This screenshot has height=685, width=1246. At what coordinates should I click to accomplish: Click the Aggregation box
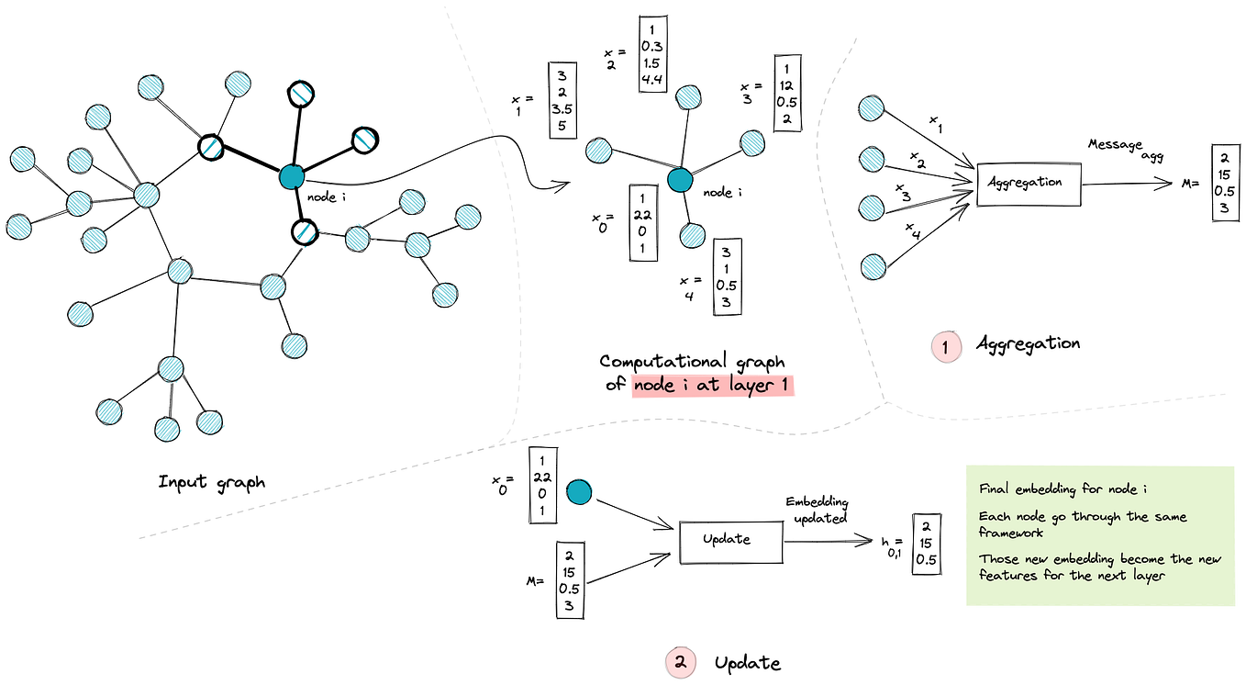1028,182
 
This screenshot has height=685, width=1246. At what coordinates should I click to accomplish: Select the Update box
730,539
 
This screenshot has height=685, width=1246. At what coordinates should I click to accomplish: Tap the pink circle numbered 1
945,345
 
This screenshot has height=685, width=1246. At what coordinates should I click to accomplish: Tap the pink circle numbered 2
679,661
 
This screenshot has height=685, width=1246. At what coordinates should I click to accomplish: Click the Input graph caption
212,481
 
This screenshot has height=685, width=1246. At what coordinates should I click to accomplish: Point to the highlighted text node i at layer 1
712,386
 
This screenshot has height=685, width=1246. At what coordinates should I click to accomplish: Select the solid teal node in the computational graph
679,179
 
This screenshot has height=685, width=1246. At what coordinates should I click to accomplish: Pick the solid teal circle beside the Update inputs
579,492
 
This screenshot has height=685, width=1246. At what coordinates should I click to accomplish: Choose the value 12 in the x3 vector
787,85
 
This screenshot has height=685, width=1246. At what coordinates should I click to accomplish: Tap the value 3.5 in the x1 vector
562,109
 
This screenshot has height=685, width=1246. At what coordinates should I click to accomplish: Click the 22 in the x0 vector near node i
642,215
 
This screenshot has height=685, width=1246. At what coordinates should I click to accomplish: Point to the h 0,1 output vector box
927,545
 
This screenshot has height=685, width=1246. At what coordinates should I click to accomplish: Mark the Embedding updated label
817,511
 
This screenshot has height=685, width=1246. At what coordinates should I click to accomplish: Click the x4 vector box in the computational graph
727,276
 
